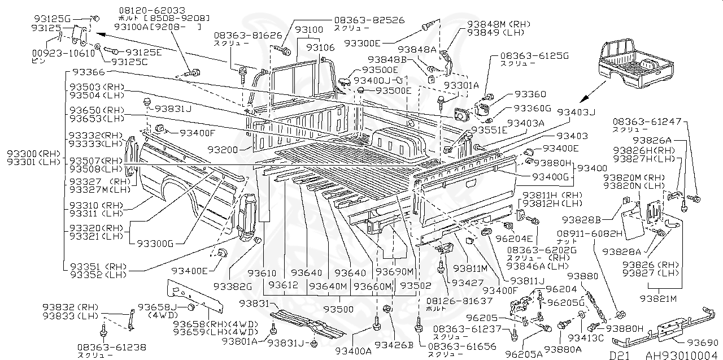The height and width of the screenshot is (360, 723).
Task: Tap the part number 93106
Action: pos(320,48)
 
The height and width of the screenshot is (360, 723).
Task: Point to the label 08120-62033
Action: pos(152,10)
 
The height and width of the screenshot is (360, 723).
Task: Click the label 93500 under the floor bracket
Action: pos(341,309)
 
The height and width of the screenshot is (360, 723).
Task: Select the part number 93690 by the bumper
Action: pos(703,343)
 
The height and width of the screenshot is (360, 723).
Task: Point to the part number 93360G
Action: pos(532,108)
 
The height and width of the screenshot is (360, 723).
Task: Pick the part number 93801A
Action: pos(239,341)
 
